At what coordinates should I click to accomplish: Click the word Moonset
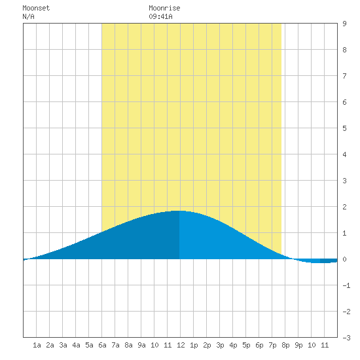(x=36, y=9)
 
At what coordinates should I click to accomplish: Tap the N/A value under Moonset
(x=28, y=17)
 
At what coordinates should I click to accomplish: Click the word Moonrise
(x=164, y=9)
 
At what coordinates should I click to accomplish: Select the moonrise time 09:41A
(x=160, y=17)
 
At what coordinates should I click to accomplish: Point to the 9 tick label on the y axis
(x=344, y=24)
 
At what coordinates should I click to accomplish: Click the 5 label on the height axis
(x=344, y=128)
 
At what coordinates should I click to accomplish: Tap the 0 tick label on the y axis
(x=344, y=259)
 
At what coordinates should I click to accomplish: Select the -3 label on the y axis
(x=346, y=338)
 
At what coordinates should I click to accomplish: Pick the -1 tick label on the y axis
(x=346, y=285)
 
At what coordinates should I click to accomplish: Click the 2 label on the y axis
(x=344, y=207)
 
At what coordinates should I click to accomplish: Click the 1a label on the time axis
(x=37, y=345)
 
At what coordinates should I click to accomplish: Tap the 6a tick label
(x=102, y=345)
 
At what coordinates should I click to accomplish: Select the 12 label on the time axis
(x=181, y=345)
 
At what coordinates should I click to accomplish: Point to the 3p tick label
(x=220, y=346)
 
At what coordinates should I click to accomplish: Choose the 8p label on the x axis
(x=285, y=346)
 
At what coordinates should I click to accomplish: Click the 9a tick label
(x=141, y=345)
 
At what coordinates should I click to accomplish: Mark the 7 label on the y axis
(x=344, y=76)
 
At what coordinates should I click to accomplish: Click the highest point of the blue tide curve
(x=179, y=211)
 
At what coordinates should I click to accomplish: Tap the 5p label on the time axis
(x=246, y=346)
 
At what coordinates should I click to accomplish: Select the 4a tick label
(x=76, y=345)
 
